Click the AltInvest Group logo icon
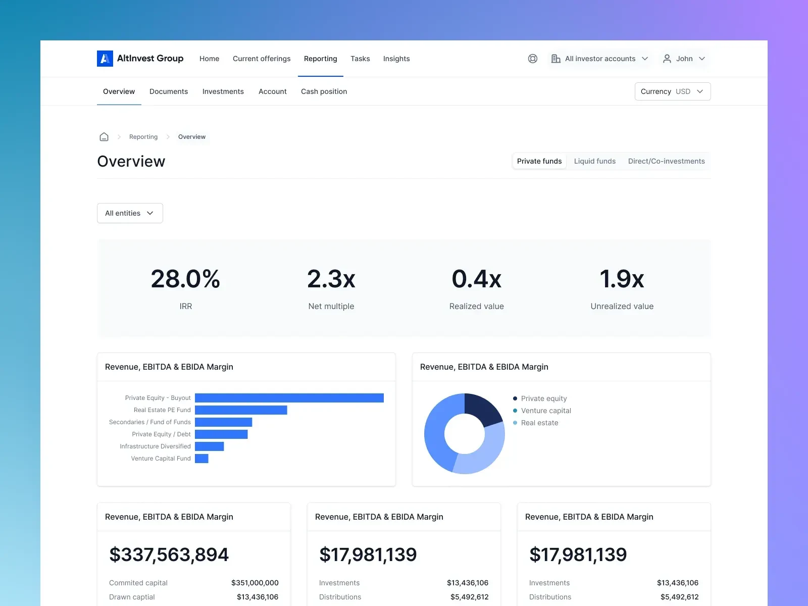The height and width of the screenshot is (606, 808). pos(105,59)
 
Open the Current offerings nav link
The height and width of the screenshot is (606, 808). pos(262,59)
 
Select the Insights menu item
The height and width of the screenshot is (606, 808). pos(396,59)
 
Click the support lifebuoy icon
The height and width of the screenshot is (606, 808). pos(533,59)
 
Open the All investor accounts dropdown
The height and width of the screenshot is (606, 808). pos(599,59)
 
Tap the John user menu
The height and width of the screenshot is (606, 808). pos(684,59)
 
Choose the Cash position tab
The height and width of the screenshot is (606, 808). pos(324,91)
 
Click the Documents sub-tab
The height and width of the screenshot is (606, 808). pos(169,91)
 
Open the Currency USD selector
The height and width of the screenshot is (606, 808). pos(672,91)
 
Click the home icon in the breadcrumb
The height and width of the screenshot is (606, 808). pos(104,137)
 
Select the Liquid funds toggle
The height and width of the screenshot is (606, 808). pos(594,161)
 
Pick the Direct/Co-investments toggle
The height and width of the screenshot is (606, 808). pos(666,161)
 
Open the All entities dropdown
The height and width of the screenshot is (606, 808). pos(130,213)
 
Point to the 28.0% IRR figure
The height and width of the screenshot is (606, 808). pos(185,279)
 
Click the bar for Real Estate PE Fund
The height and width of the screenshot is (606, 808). pos(241,410)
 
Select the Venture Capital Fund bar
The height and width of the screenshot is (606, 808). pos(201,459)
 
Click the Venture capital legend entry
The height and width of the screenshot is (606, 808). pos(545,411)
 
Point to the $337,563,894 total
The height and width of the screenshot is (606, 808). pos(169,554)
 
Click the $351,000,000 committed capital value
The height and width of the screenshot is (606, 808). pos(255,583)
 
